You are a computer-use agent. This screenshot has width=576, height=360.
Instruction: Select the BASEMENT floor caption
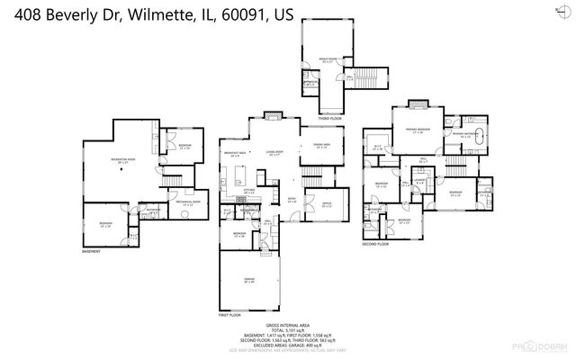(91, 250)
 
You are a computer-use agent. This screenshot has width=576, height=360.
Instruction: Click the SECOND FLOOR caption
(376, 244)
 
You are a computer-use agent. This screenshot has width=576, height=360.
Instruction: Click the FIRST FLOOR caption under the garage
(229, 315)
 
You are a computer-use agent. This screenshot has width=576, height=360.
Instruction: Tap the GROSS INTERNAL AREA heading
(287, 325)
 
